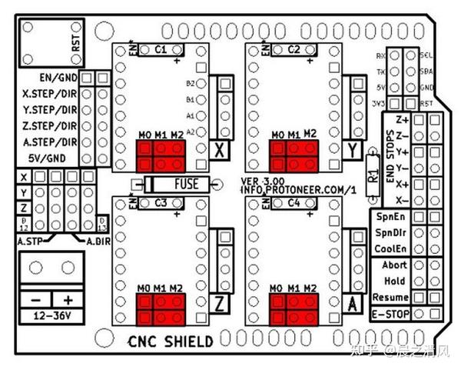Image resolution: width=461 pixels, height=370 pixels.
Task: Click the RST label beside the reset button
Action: [75, 41]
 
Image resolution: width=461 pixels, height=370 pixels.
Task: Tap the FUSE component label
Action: [186, 184]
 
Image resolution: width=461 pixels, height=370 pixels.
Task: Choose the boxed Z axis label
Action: [221, 302]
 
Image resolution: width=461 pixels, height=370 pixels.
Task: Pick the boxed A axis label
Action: [353, 302]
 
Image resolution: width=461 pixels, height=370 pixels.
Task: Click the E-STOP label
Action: [390, 313]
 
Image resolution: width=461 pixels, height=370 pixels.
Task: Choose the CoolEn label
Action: [390, 248]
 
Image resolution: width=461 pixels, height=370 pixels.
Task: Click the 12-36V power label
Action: [49, 315]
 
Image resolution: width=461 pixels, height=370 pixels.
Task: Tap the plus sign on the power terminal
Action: [68, 299]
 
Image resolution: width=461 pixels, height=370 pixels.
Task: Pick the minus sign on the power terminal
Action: [35, 299]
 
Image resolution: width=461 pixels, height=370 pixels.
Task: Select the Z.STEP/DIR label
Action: [48, 125]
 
